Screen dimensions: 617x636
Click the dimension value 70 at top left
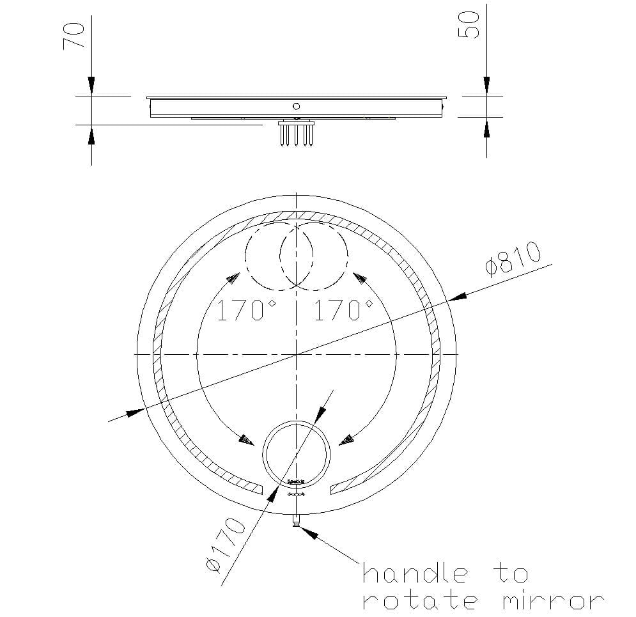tap(75, 35)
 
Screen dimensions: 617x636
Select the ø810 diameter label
tap(513, 258)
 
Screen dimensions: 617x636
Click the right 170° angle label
tap(343, 311)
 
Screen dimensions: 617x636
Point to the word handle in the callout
tap(415, 573)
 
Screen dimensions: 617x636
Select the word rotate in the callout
tap(419, 601)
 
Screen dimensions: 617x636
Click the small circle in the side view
tap(296, 106)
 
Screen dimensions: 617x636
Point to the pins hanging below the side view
tap(296, 135)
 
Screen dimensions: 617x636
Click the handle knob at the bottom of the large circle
tap(296, 521)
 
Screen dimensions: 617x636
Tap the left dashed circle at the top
tap(279, 255)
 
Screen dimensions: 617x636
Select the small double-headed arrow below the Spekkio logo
tap(297, 494)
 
